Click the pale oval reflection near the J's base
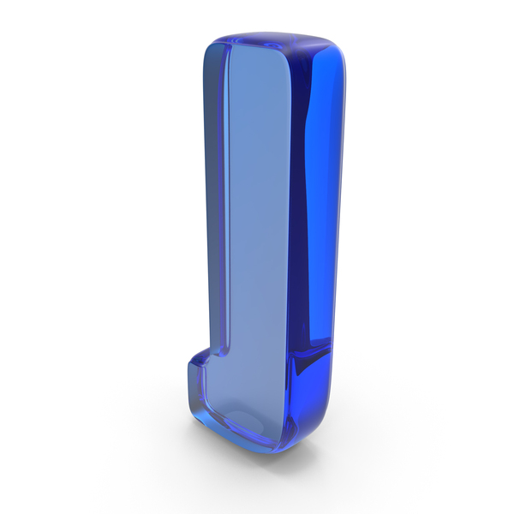(x=243, y=423)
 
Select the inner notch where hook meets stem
(x=223, y=352)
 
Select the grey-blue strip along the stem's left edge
(x=213, y=197)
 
